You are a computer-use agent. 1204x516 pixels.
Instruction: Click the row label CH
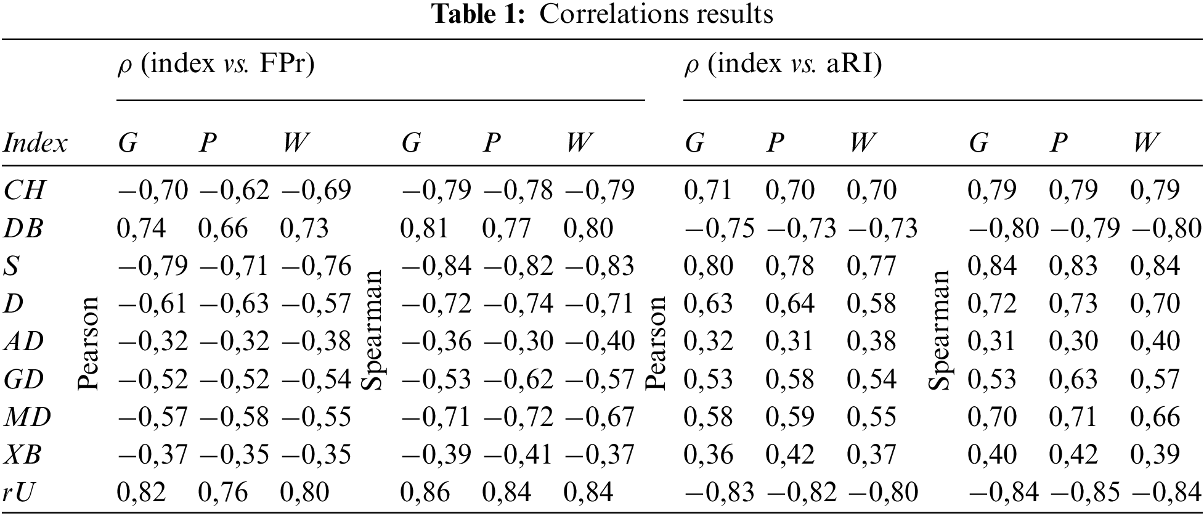[x=24, y=190]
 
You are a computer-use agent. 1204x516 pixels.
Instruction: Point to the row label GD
[x=24, y=379]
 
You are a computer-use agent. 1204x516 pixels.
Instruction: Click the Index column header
[x=35, y=144]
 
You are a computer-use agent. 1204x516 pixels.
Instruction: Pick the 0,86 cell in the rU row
[x=425, y=493]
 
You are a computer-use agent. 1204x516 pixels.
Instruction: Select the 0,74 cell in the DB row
[x=141, y=229]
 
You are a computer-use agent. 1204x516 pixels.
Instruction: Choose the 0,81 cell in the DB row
[x=425, y=229]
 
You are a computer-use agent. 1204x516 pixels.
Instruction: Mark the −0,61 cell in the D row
[x=152, y=304]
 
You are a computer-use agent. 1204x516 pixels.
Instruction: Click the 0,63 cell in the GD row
[x=1073, y=380]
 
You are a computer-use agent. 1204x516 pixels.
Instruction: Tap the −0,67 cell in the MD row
[x=600, y=417]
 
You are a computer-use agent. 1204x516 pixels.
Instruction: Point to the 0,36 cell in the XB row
[x=709, y=455]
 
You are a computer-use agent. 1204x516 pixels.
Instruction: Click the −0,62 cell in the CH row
[x=234, y=190]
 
